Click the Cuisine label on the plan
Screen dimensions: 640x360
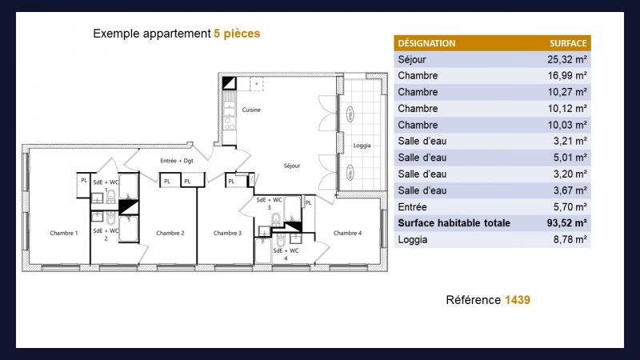[251, 110]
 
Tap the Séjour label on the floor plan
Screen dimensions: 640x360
[292, 166]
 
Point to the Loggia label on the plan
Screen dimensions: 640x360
[362, 146]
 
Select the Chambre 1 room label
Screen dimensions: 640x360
[64, 233]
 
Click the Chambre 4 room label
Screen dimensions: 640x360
[347, 233]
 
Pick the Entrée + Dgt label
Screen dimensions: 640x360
[177, 161]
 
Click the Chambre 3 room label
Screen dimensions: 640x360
[227, 233]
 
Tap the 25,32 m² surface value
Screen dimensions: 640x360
[567, 59]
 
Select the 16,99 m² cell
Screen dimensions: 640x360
[567, 76]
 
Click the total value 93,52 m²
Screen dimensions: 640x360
[566, 223]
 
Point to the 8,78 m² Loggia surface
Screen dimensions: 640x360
[570, 239]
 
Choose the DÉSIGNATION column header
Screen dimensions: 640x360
[426, 43]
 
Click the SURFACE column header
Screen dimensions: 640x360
[568, 43]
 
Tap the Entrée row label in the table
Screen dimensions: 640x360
[412, 207]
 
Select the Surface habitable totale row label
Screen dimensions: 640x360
[454, 223]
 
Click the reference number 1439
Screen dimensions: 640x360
[517, 300]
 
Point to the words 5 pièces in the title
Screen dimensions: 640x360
[237, 34]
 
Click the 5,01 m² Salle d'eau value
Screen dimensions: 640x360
[570, 158]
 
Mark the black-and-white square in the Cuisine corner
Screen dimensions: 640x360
[229, 83]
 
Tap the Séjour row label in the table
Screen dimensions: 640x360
[412, 59]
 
